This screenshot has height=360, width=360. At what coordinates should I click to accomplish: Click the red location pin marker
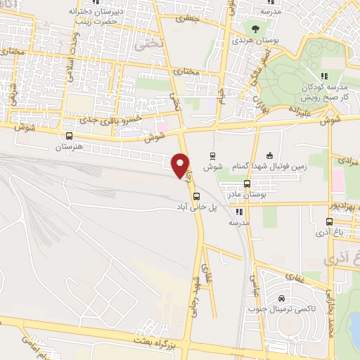coord(180,165)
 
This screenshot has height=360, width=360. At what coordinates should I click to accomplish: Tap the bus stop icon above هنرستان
coord(69,136)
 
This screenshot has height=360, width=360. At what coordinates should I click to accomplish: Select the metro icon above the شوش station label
coord(213,155)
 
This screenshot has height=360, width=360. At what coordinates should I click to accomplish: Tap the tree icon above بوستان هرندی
coord(255,29)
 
